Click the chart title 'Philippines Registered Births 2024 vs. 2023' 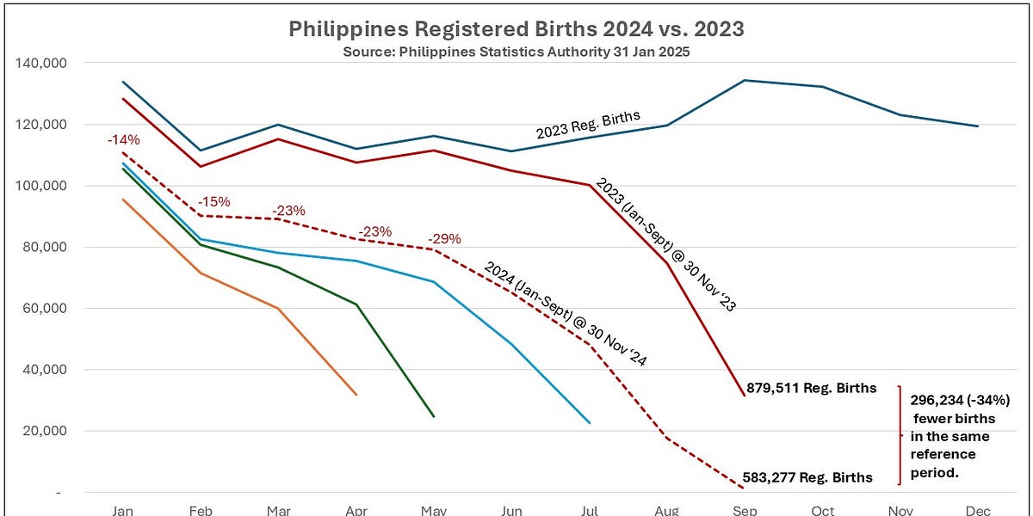pyautogui.click(x=516, y=29)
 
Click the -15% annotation pyautogui.click(x=213, y=201)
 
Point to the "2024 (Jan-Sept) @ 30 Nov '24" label pyautogui.click(x=563, y=313)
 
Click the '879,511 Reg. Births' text pyautogui.click(x=812, y=388)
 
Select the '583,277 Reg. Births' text pyautogui.click(x=808, y=477)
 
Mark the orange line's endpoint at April pyautogui.click(x=356, y=395)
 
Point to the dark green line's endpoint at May pyautogui.click(x=434, y=416)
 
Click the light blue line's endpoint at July pyautogui.click(x=590, y=422)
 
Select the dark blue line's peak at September pyautogui.click(x=745, y=80)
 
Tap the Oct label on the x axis pyautogui.click(x=822, y=510)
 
